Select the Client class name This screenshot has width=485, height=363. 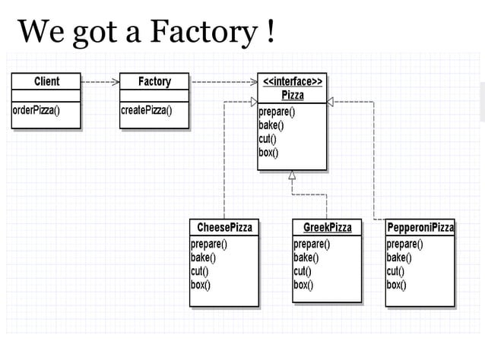tap(46, 81)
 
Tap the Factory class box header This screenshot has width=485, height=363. tap(154, 81)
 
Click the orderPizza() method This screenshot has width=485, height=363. tap(36, 109)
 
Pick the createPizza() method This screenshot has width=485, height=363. tap(147, 109)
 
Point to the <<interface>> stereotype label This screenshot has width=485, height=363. tap(293, 80)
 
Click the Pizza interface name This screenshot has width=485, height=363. tap(293, 95)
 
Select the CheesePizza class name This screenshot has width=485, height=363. tap(224, 227)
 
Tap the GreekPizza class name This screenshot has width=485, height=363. tap(328, 227)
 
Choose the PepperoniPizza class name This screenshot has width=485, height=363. tap(420, 227)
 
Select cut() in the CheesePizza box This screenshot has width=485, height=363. tap(199, 271)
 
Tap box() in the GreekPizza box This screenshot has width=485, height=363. tap(304, 285)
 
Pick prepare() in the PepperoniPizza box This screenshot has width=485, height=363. tap(405, 244)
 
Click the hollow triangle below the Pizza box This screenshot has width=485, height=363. tap(293, 175)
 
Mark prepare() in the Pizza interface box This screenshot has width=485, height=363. tap(277, 112)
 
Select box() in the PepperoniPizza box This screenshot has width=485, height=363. tap(397, 285)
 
